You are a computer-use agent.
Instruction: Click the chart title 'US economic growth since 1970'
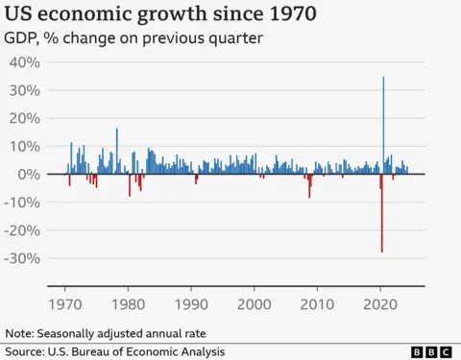[x=162, y=15]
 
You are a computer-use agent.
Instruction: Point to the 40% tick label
[x=24, y=62]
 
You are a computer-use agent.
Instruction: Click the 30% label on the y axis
[x=24, y=90]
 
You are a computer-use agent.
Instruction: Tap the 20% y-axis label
[x=24, y=118]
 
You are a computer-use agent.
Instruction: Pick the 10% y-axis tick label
[x=24, y=147]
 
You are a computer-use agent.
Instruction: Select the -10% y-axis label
[x=22, y=203]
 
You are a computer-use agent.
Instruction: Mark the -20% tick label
[x=22, y=230]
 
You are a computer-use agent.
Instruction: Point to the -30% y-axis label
[x=22, y=259]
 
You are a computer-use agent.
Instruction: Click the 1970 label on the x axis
[x=65, y=303]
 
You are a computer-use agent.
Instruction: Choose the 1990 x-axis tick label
[x=191, y=303]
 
